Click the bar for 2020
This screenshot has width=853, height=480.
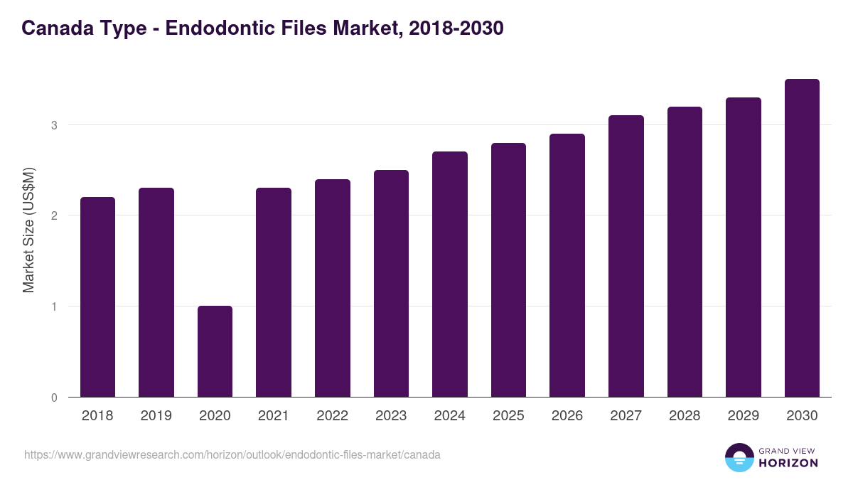click(x=215, y=351)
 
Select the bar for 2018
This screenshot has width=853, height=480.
click(x=97, y=297)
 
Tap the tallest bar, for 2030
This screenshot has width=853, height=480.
click(x=802, y=238)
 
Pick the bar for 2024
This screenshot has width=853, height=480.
click(x=449, y=274)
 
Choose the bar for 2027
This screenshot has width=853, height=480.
click(x=626, y=256)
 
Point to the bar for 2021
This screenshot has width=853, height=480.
click(x=274, y=292)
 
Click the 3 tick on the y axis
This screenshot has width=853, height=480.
click(x=53, y=125)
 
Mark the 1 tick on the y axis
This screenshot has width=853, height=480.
click(x=53, y=306)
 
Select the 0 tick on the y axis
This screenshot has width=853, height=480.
click(x=53, y=398)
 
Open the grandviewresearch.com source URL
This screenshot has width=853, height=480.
click(x=232, y=454)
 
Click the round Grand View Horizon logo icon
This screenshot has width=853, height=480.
click(x=739, y=457)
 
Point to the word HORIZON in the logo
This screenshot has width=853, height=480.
click(x=788, y=463)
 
